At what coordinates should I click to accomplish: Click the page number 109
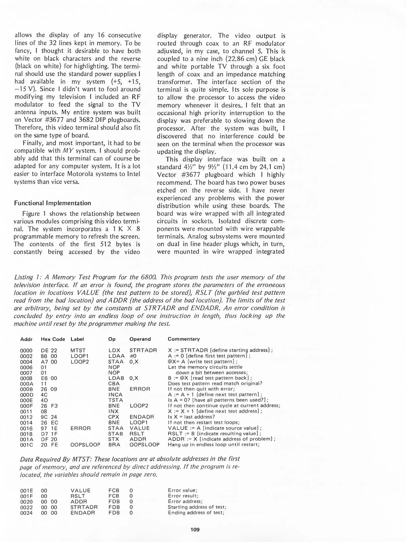195,529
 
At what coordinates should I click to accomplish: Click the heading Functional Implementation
52,203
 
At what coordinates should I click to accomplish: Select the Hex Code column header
53,339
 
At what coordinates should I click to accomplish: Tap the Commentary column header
184,339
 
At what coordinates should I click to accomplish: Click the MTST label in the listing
78,350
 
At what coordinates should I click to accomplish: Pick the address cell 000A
26,384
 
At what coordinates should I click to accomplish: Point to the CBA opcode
114,384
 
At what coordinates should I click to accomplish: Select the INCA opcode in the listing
115,395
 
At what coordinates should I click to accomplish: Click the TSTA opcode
116,400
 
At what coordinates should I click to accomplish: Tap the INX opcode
113,411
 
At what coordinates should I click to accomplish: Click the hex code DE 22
49,350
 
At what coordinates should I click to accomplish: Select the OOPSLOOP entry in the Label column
85,445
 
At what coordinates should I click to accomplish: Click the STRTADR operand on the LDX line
143,350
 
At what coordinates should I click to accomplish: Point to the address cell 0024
26,513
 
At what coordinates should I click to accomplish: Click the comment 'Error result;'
183,496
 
